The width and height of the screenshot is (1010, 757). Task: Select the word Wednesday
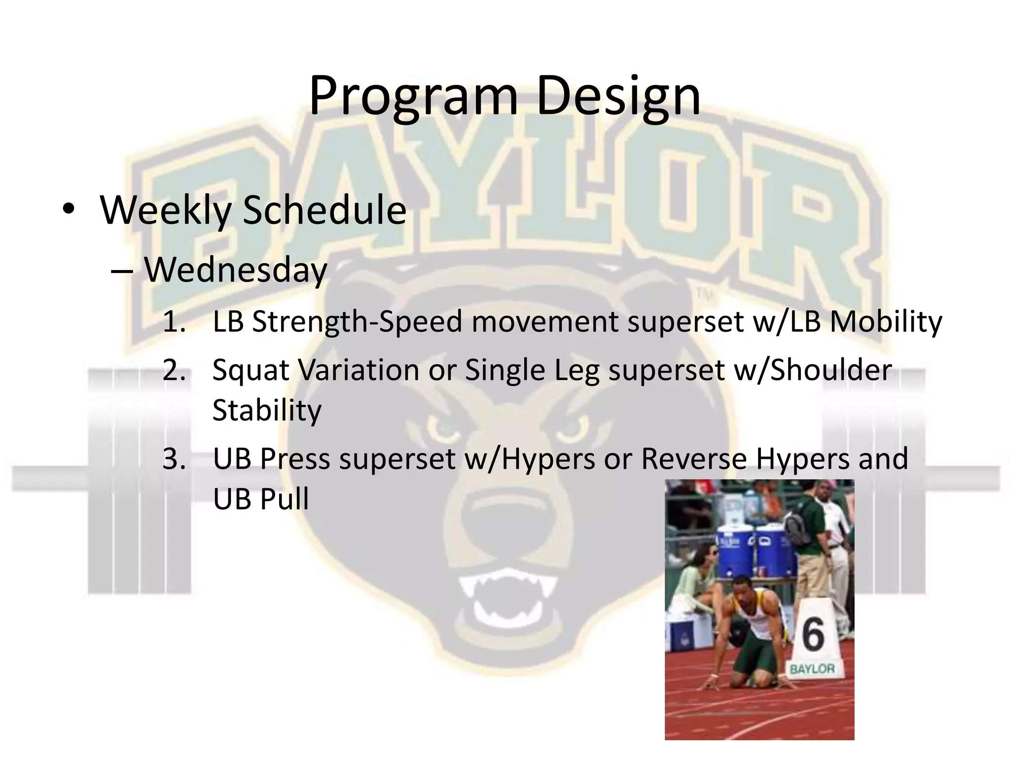click(x=236, y=271)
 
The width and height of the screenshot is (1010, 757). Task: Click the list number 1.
click(x=174, y=322)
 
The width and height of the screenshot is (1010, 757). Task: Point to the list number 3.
click(x=174, y=459)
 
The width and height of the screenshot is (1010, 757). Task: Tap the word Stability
click(x=267, y=410)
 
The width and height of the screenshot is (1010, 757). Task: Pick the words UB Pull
click(x=260, y=499)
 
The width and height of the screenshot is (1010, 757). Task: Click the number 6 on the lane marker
click(x=812, y=634)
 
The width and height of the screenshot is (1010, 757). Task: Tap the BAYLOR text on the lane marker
click(x=812, y=669)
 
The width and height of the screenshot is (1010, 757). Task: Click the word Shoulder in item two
click(x=831, y=370)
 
